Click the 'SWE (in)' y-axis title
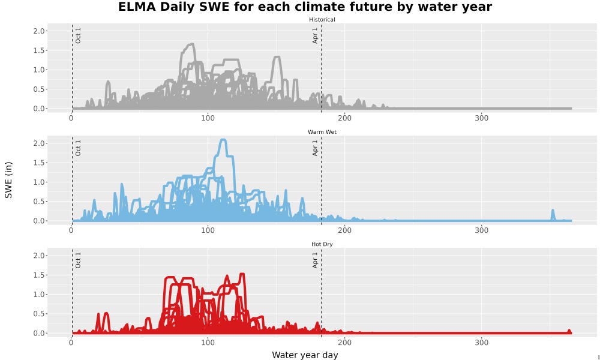pos(8,180)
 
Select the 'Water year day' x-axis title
pos(305,355)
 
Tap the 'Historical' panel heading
pos(322,20)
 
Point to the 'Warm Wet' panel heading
pos(322,132)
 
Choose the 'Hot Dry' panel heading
pos(322,244)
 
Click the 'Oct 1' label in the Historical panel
pos(78,35)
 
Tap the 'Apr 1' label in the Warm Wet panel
pos(315,148)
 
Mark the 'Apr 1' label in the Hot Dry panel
pos(315,260)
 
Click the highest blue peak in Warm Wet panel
pos(223,140)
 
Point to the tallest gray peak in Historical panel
pos(191,44)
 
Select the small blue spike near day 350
pos(553,211)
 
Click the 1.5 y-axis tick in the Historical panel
pos(40,50)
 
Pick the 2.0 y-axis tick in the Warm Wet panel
pos(40,143)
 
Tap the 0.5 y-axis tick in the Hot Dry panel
pos(40,314)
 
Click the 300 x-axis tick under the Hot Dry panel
pos(481,343)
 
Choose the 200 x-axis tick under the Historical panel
pos(345,118)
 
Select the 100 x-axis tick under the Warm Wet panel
pos(208,230)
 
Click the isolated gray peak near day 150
pos(277,58)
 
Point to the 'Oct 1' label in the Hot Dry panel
pos(78,260)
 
